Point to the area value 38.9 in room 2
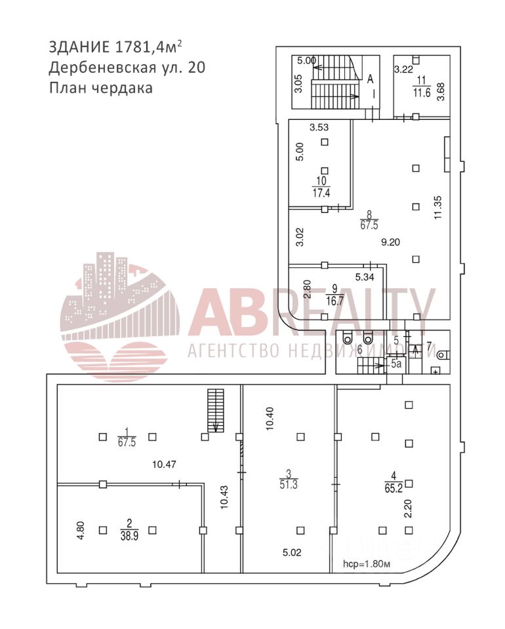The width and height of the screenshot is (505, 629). tap(129, 535)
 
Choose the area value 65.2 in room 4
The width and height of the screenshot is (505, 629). tap(394, 487)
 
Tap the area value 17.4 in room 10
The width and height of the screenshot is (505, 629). tap(321, 193)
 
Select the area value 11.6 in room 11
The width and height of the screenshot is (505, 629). tap(422, 92)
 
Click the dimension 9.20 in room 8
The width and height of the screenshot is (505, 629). tap(391, 241)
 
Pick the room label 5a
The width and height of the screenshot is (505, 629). tap(397, 363)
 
